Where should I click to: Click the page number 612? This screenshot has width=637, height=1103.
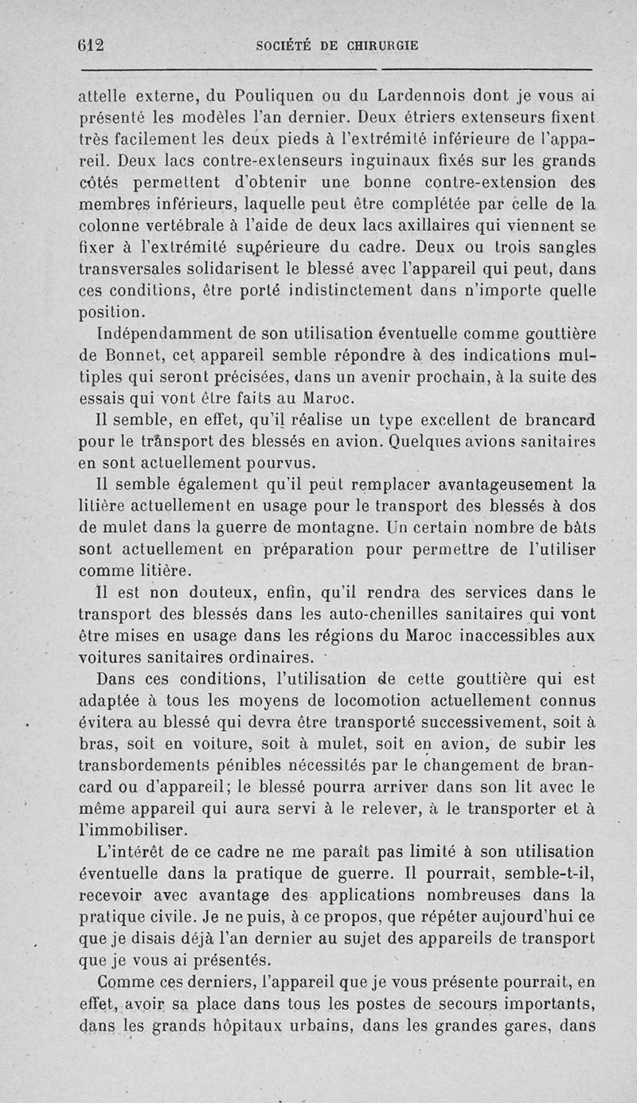click(x=92, y=45)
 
